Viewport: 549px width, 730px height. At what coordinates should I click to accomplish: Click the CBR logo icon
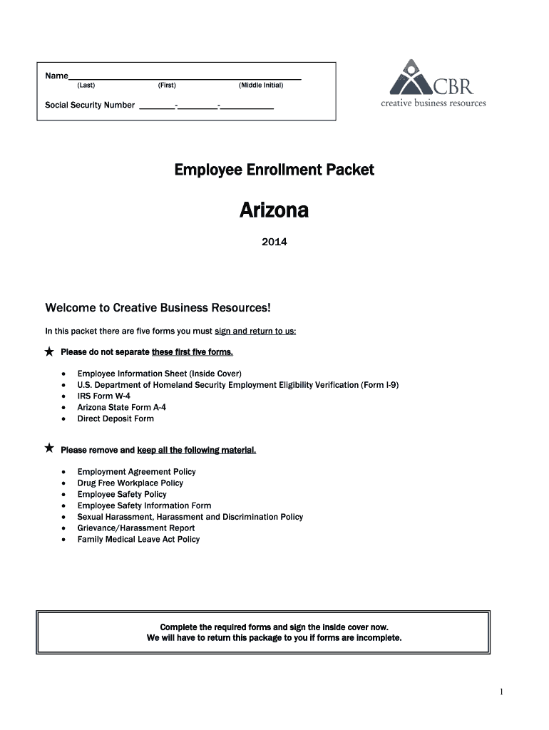tap(409, 78)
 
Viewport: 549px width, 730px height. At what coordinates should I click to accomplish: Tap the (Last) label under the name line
tap(86, 86)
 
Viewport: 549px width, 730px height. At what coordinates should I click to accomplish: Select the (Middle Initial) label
tap(261, 86)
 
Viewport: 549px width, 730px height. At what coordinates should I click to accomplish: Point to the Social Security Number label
tap(90, 106)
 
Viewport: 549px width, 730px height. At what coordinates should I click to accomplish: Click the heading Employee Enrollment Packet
tap(274, 170)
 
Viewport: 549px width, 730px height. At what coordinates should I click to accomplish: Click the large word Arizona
tap(274, 211)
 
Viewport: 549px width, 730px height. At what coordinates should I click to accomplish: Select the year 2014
tap(274, 242)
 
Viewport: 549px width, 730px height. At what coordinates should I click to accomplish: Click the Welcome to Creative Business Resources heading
tap(158, 308)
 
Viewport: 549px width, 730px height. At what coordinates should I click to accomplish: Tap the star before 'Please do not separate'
tap(49, 352)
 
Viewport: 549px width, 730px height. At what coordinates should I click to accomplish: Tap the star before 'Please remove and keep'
tap(49, 448)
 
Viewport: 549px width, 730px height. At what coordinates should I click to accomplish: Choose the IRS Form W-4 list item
tap(104, 396)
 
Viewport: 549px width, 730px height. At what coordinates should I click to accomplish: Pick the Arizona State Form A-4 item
tap(122, 407)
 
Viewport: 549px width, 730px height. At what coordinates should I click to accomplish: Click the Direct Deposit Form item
tap(116, 418)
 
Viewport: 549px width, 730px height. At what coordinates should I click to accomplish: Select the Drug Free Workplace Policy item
tap(130, 483)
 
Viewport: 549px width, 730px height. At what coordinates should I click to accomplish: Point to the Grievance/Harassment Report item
tap(136, 528)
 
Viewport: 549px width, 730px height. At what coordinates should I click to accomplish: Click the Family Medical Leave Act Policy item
tap(138, 540)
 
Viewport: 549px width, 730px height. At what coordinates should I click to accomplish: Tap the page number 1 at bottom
tap(502, 692)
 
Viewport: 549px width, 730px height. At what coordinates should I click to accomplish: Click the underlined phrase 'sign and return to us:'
tap(255, 331)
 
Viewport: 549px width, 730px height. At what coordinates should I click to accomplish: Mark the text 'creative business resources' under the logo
tap(433, 103)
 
